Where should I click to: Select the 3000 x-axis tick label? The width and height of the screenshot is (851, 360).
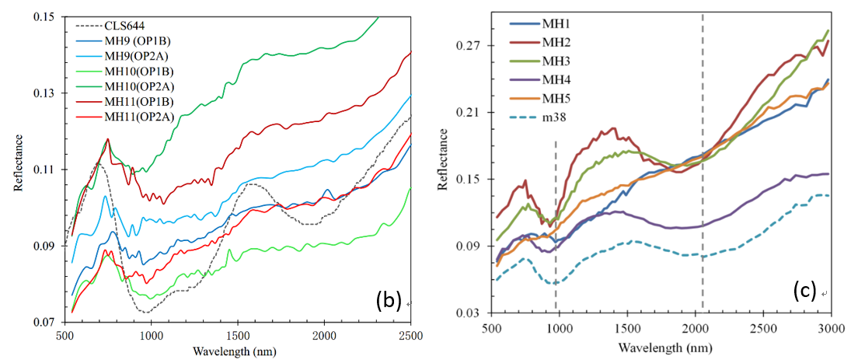(x=832, y=329)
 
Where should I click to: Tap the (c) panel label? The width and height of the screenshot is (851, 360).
(x=804, y=291)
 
